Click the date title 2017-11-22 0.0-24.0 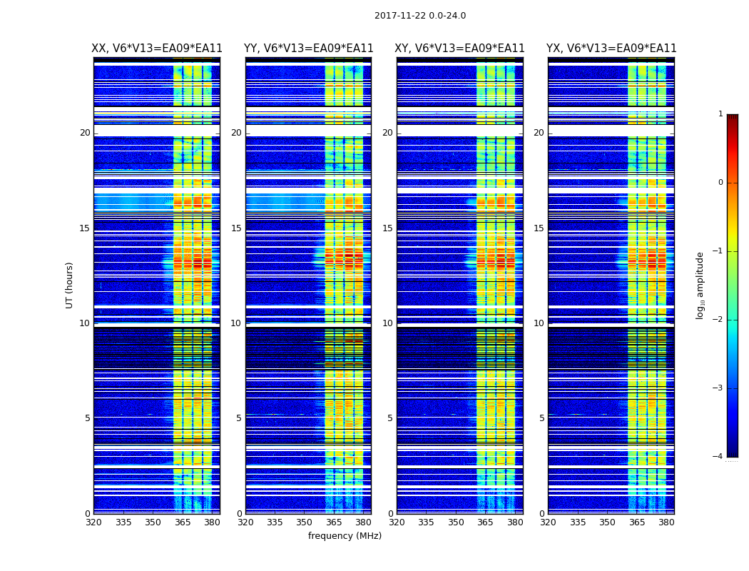[419, 16]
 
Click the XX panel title [157, 49]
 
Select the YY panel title [308, 49]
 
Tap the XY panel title [460, 49]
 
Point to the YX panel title [611, 49]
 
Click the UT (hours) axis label [70, 285]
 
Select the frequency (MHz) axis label [345, 536]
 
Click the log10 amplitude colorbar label [700, 285]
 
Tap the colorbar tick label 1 [720, 114]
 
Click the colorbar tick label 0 [720, 183]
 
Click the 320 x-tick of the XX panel [93, 522]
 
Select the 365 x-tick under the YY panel [334, 522]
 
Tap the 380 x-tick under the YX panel [666, 522]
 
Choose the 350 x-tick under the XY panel [456, 522]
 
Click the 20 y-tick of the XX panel [85, 133]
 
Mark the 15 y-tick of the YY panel [236, 228]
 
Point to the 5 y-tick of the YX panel [542, 418]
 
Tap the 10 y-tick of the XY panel [387, 323]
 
